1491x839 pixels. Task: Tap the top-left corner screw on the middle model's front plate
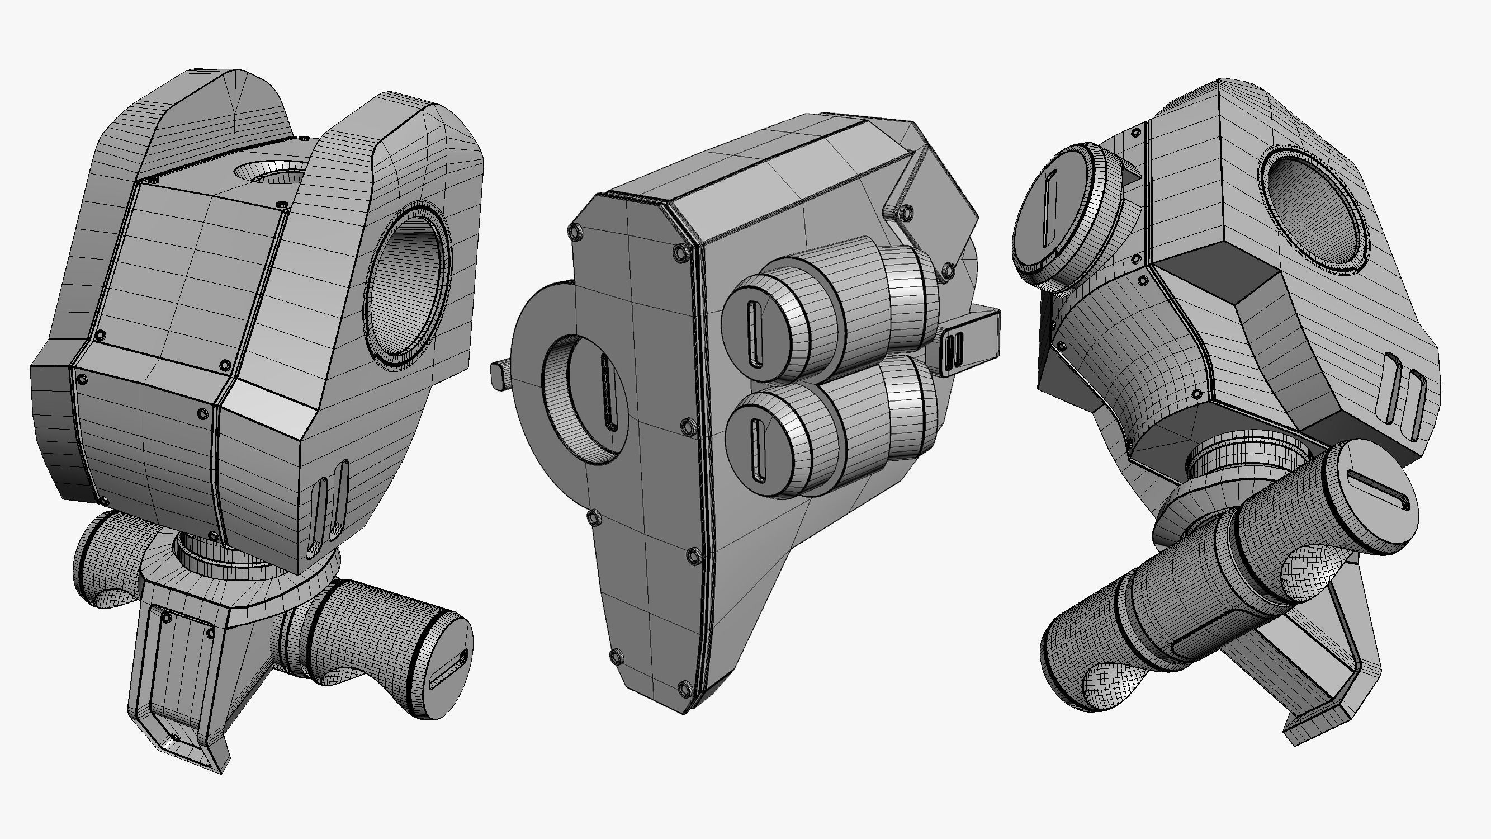coord(575,232)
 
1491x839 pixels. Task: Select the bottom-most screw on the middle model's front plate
coord(685,689)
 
